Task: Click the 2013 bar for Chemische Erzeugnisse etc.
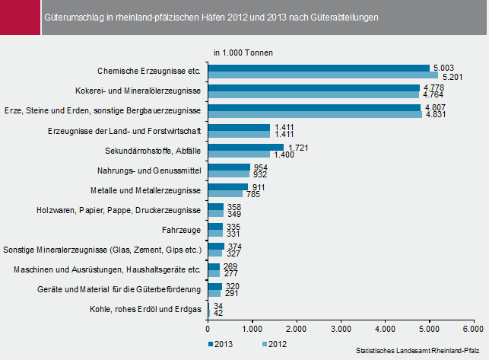tap(318, 68)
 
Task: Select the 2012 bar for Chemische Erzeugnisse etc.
tap(322, 75)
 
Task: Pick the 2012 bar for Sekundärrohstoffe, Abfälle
tap(238, 155)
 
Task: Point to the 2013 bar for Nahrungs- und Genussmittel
tap(228, 167)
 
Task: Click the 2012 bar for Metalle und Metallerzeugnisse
tap(224, 194)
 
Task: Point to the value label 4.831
tap(435, 116)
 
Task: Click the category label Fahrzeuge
tap(182, 229)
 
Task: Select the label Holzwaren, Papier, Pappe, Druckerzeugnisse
tap(119, 209)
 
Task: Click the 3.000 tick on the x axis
tap(340, 328)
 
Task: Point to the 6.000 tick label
tap(473, 328)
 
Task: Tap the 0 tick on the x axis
tap(208, 328)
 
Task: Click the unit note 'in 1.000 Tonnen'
tap(243, 53)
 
